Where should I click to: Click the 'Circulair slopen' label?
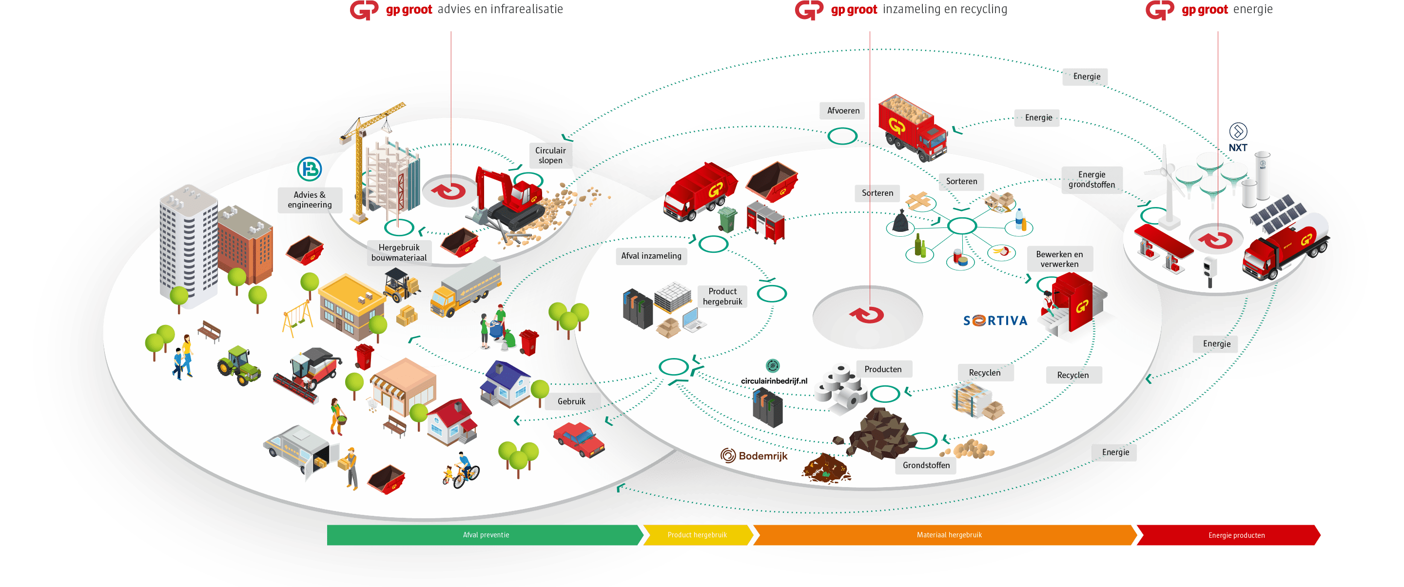pos(550,155)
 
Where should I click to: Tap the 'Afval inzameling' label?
pos(651,256)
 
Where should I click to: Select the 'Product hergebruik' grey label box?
pos(722,297)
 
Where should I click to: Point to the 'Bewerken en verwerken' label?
pos(1059,259)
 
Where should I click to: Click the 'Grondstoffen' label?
pos(926,465)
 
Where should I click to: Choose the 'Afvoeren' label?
pos(843,111)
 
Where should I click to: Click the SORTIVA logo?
pos(995,321)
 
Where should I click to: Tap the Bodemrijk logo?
pos(754,455)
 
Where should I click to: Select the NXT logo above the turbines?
pos(1238,138)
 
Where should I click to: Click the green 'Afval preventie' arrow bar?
pos(485,535)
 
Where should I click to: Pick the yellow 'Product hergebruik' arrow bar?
pos(698,535)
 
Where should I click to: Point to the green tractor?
pos(238,365)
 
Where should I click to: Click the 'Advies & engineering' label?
pos(310,200)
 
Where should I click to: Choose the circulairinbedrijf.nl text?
pos(774,381)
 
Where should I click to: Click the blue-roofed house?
pos(505,384)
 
